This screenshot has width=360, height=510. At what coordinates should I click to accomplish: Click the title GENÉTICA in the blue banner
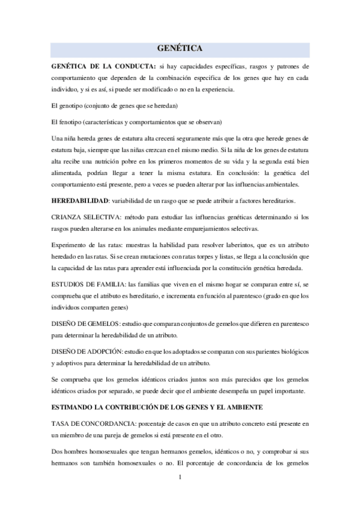180,48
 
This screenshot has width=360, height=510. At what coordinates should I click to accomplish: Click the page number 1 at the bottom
180,478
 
